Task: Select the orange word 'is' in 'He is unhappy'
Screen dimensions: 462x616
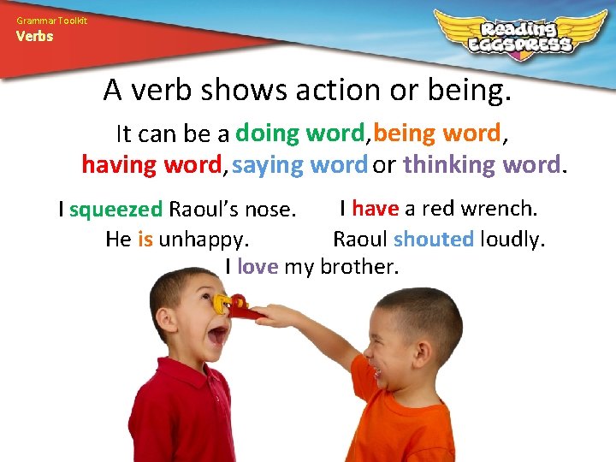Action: (x=145, y=239)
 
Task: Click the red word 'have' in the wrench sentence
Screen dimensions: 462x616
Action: (x=375, y=208)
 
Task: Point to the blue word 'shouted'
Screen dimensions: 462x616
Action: (x=434, y=239)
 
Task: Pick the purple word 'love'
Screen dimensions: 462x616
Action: (x=258, y=267)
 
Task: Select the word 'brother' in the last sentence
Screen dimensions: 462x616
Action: (x=358, y=267)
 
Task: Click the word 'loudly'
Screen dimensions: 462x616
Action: (x=512, y=239)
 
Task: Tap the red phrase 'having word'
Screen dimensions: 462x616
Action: (x=151, y=163)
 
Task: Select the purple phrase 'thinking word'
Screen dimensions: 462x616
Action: (x=482, y=163)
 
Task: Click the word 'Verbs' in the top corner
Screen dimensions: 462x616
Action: (x=33, y=36)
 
